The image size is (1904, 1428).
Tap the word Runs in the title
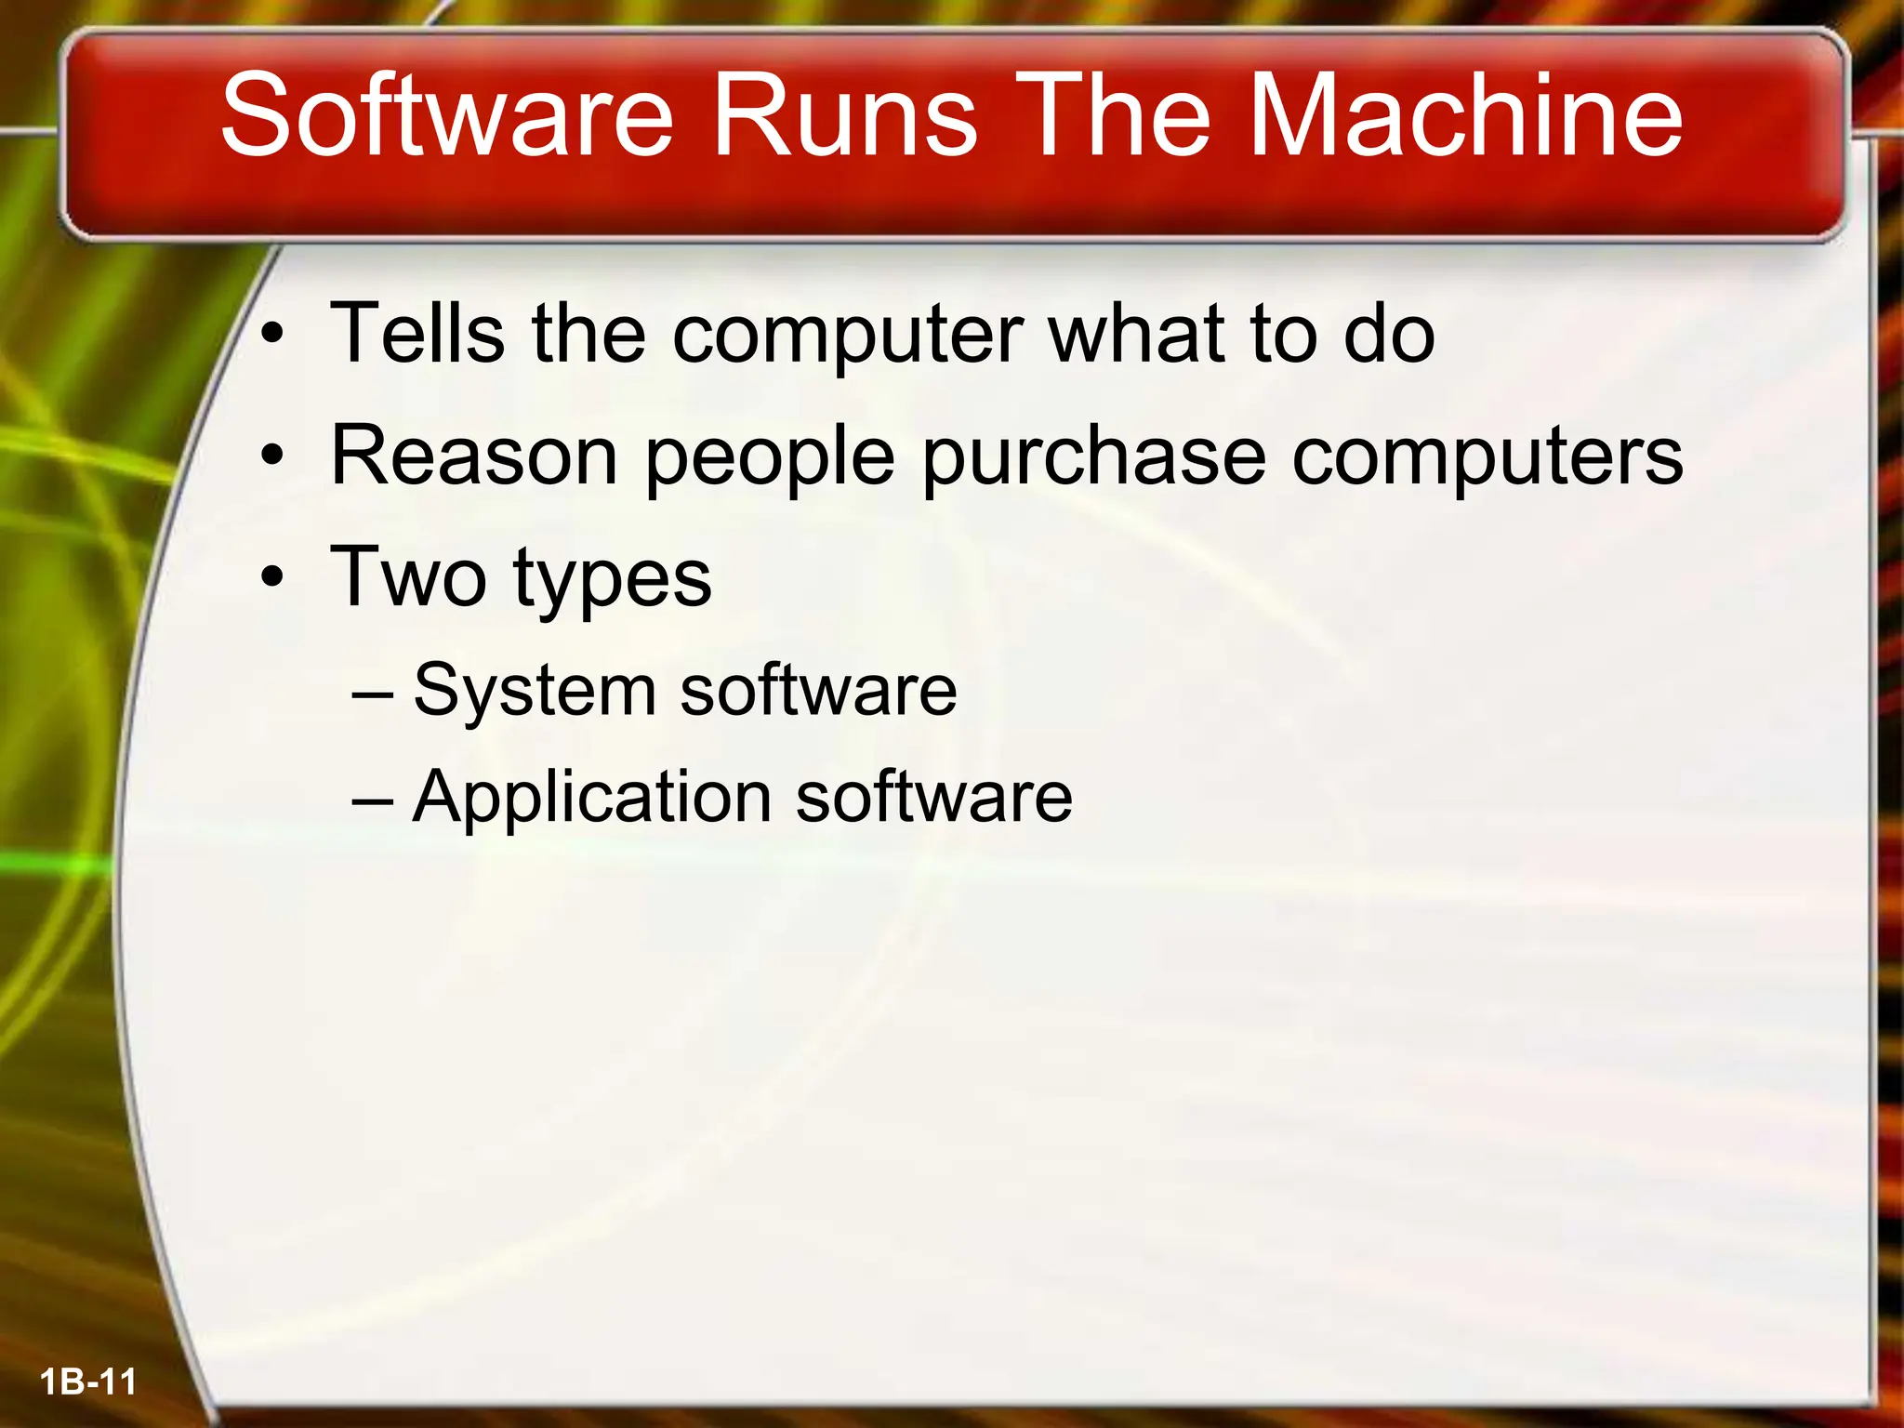tap(845, 115)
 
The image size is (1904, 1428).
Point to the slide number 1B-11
tap(88, 1382)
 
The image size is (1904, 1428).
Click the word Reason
tap(474, 456)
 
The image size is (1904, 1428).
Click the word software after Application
tap(934, 798)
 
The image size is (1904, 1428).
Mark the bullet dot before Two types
tap(271, 578)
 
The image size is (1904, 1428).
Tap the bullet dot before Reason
tap(271, 456)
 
